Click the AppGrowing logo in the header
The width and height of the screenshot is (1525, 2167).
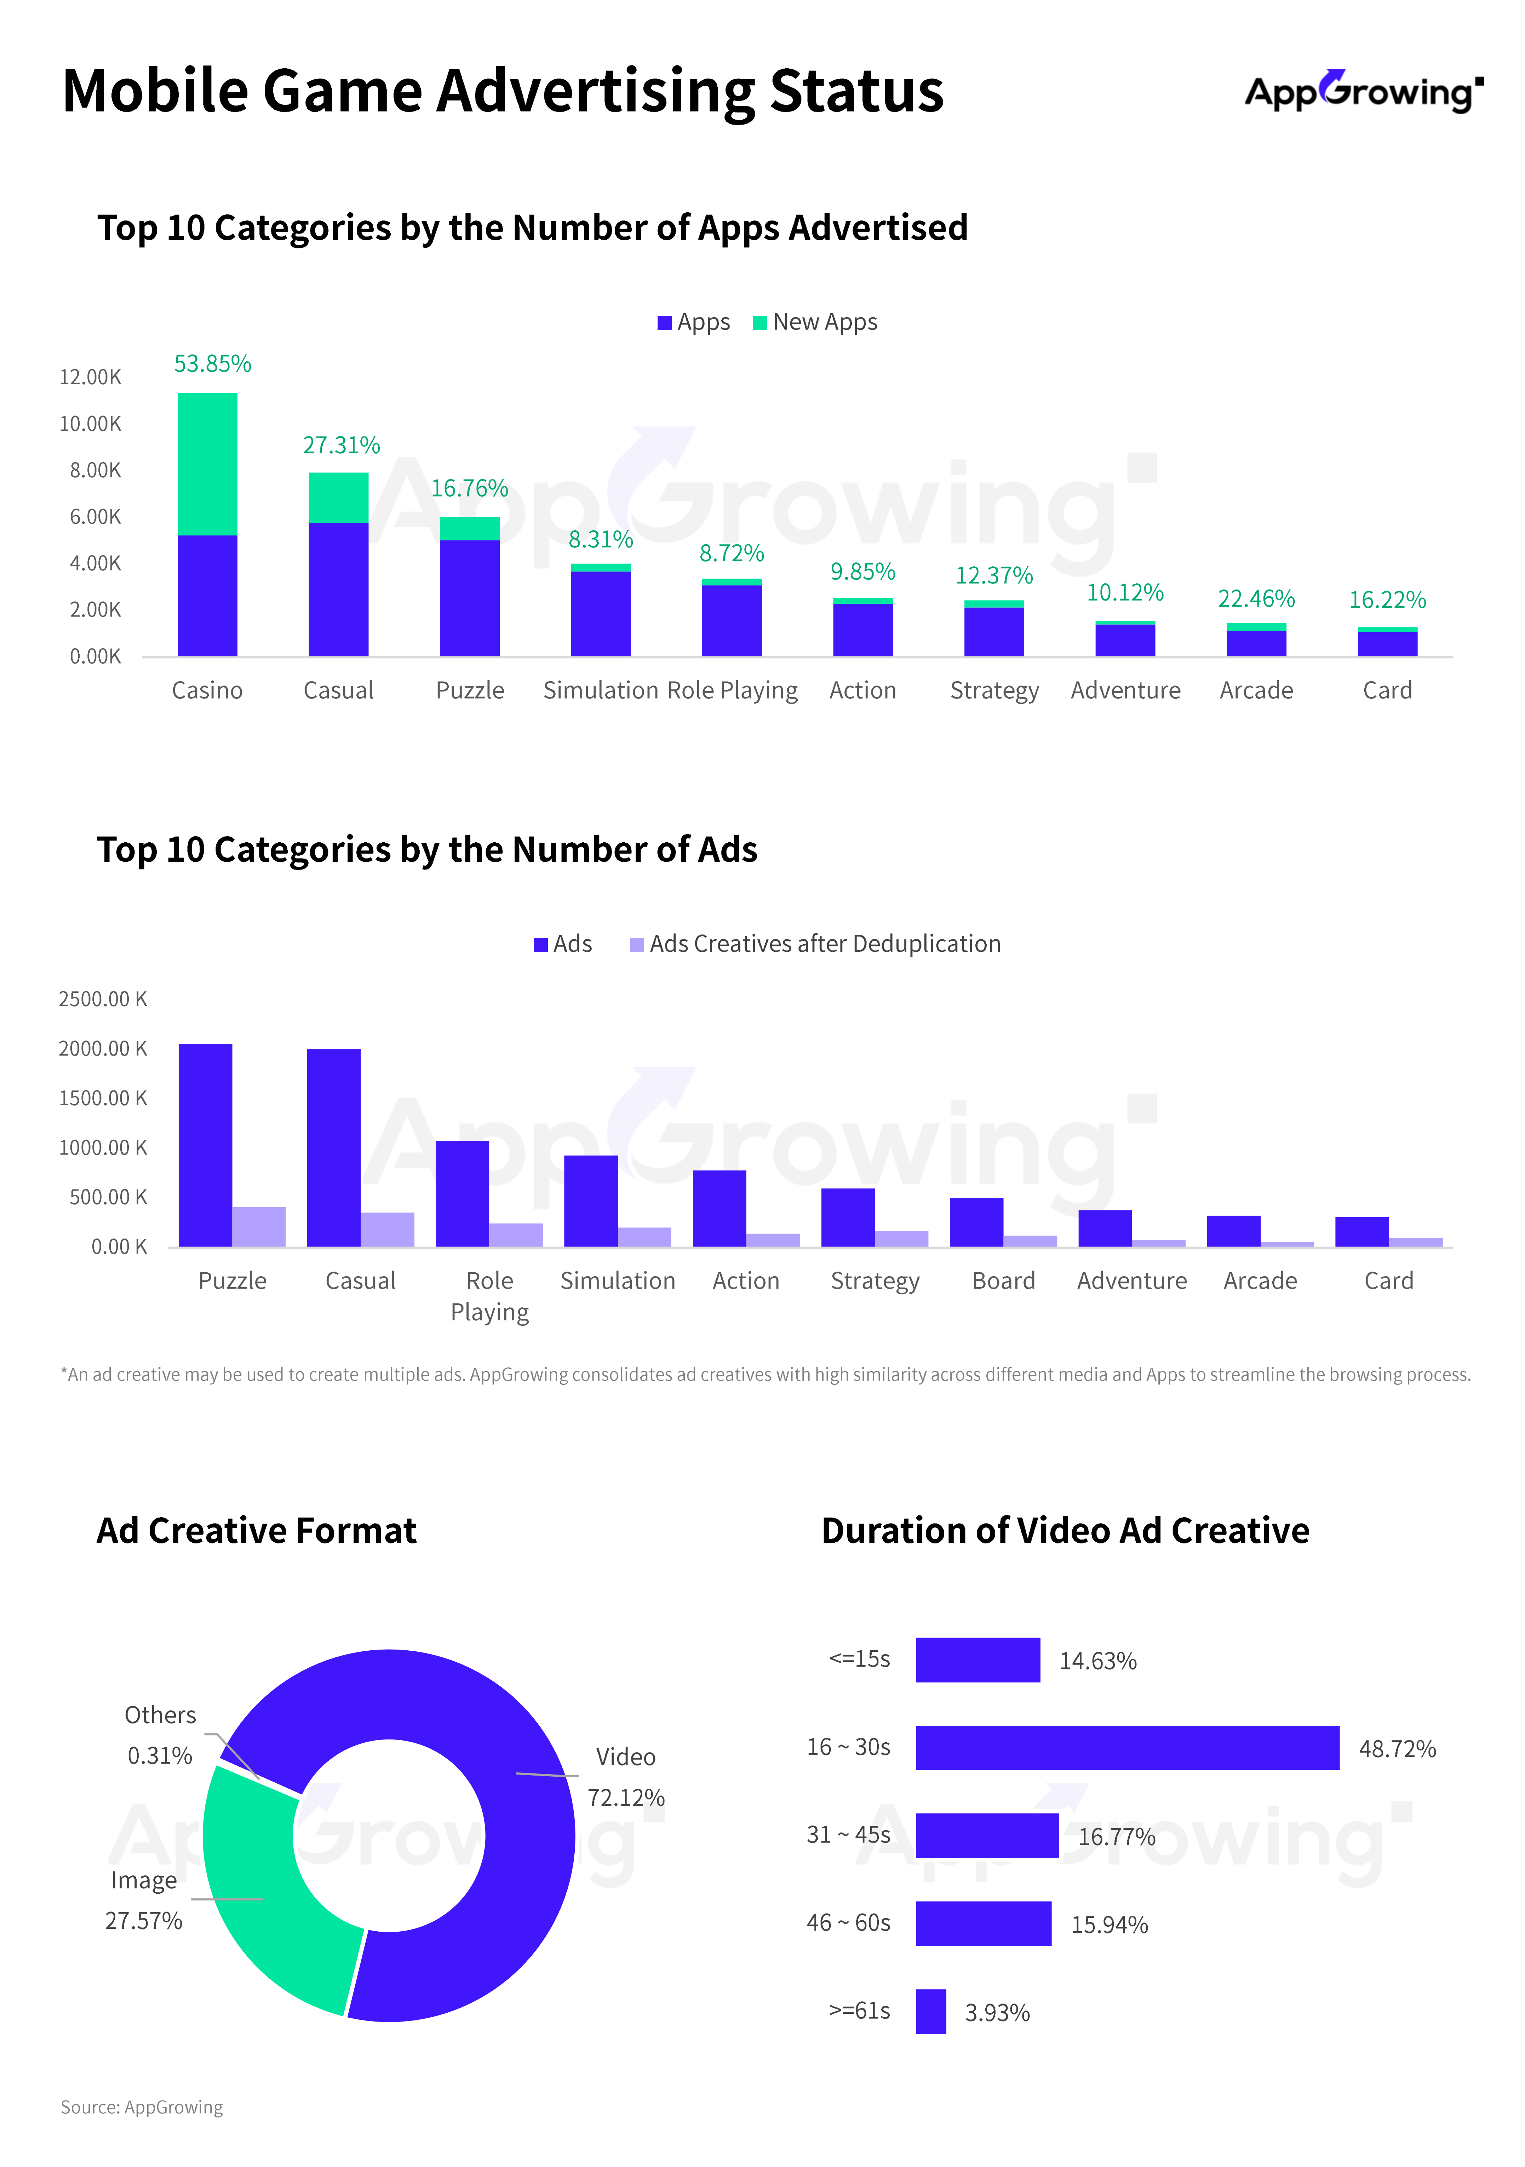point(1363,92)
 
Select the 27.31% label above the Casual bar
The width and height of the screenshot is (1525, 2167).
point(341,446)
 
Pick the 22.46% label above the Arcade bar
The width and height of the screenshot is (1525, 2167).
point(1256,599)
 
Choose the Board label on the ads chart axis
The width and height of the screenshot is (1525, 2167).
point(1003,1281)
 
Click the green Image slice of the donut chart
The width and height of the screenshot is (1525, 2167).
point(269,1897)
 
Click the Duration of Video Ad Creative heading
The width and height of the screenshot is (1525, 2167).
point(1065,1531)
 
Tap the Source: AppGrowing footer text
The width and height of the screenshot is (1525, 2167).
point(142,2108)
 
